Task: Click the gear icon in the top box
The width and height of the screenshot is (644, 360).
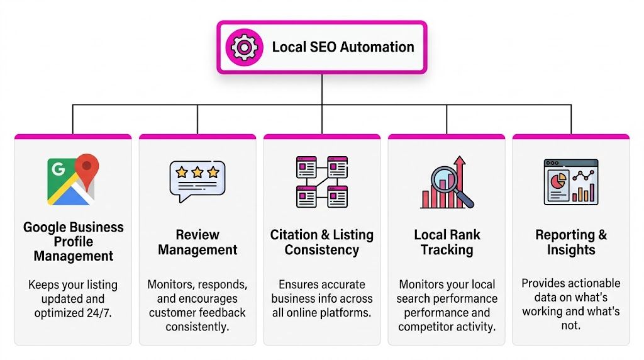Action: pos(244,47)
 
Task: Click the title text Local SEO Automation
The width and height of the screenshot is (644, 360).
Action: pos(343,47)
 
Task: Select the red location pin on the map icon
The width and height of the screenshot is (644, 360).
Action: pos(87,167)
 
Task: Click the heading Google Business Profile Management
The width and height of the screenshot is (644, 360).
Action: pos(73,242)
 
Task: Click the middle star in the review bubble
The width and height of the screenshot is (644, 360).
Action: pos(197,172)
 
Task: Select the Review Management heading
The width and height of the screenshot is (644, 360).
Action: pos(197,242)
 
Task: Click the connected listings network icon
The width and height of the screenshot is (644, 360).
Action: pos(322,181)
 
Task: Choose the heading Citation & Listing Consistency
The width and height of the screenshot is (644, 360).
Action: pos(322,242)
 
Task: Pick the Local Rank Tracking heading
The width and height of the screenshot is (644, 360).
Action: pos(447,242)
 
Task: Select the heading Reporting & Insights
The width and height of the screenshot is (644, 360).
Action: pos(571,242)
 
